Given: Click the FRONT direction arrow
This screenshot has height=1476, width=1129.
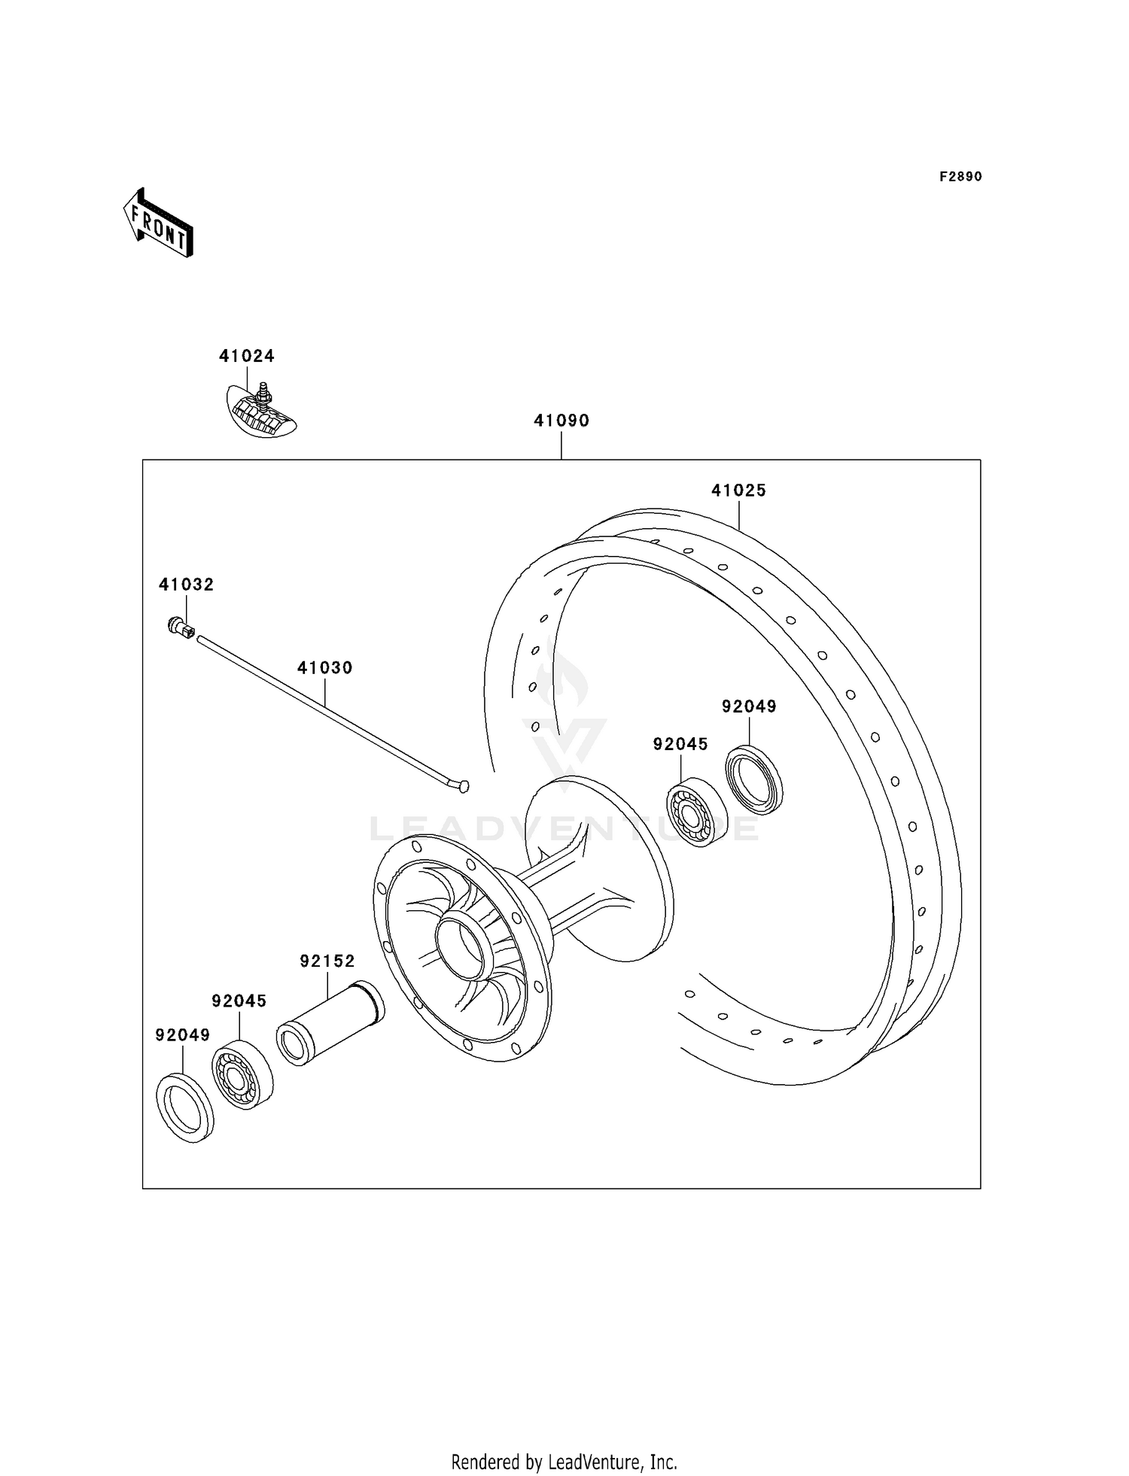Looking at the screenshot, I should click(159, 223).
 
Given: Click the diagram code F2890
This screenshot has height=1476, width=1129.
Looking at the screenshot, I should click(960, 177).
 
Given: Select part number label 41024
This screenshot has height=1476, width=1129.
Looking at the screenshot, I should click(247, 356).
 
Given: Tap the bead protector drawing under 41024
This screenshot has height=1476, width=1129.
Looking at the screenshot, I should click(261, 412).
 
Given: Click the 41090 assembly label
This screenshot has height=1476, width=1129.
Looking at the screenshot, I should click(561, 421).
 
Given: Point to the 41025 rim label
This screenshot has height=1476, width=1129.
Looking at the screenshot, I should click(738, 490).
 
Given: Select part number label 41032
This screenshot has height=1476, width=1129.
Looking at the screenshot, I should click(186, 585).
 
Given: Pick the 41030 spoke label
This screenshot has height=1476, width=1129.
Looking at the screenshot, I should click(324, 667).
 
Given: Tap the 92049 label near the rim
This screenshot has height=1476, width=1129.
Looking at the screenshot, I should click(749, 706).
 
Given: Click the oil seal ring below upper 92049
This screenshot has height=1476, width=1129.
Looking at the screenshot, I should click(754, 779).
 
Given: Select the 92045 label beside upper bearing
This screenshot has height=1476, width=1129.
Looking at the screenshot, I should click(680, 744).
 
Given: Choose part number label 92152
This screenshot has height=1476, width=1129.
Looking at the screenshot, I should click(327, 961).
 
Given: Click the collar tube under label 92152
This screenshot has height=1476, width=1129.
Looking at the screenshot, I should click(331, 1022).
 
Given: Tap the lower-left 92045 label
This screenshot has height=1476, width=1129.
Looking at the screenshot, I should click(239, 1001).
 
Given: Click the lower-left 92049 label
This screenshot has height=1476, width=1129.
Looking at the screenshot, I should click(182, 1035).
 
